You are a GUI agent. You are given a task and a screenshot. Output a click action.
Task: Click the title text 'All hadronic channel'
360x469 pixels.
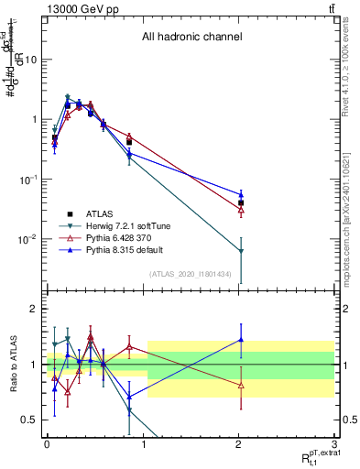click(191, 38)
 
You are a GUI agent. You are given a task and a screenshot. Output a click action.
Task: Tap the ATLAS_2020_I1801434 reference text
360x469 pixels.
click(190, 275)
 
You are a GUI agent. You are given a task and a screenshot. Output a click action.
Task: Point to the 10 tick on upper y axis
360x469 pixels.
click(31, 60)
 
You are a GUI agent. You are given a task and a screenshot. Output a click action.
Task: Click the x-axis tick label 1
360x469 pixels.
click(143, 445)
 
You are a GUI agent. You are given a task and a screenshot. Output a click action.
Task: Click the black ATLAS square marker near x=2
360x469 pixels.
click(241, 203)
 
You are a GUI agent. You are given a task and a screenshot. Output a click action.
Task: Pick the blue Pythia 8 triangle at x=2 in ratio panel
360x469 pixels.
click(241, 340)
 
